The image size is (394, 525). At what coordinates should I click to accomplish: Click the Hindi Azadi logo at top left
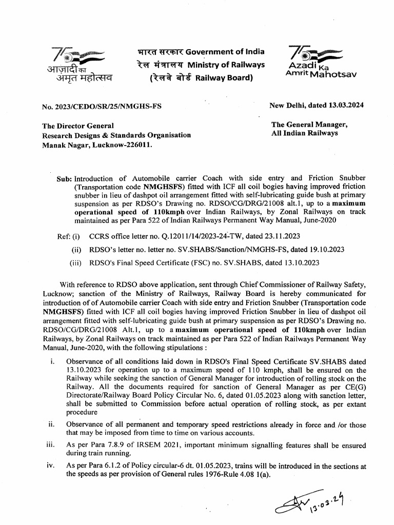[77, 64]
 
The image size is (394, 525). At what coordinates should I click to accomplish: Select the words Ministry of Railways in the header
[226, 65]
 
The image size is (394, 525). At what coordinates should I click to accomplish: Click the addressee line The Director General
[78, 126]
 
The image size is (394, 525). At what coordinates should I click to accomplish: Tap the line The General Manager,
[309, 124]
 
